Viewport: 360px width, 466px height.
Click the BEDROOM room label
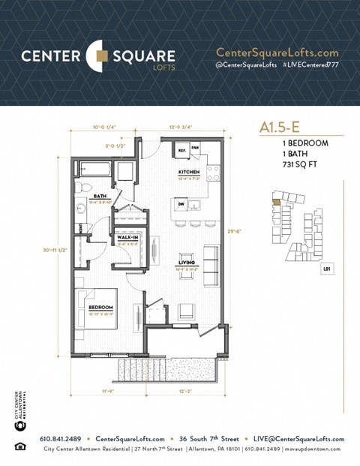(100, 308)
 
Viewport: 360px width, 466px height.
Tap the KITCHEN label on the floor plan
(188, 172)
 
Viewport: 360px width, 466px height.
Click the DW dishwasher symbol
(181, 202)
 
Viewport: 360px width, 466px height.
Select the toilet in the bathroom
(85, 188)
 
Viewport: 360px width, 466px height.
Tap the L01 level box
(326, 267)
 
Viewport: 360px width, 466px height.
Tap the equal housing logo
(19, 448)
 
